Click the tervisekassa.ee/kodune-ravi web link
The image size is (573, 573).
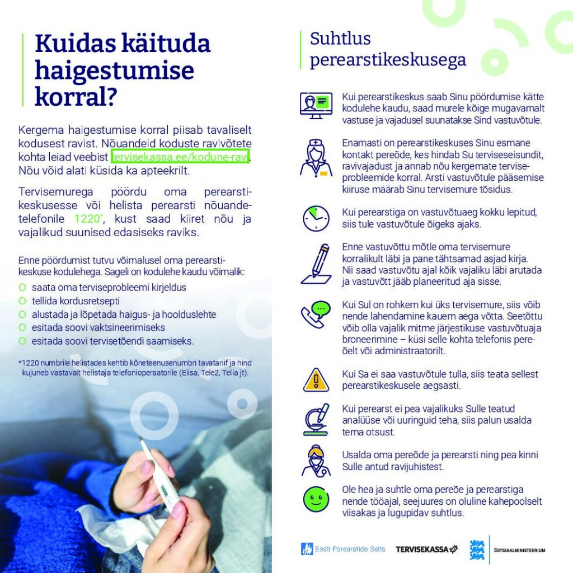click(x=180, y=156)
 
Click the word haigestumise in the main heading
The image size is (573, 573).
click(x=114, y=71)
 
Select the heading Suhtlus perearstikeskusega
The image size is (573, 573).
click(x=388, y=49)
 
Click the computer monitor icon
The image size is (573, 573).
click(x=316, y=105)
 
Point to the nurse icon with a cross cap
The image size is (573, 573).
click(x=316, y=158)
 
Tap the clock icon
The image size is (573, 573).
click(x=316, y=218)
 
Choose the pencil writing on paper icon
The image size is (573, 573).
click(x=317, y=264)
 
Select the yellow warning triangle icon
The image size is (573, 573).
click(x=316, y=380)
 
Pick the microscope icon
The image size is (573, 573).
click(x=316, y=419)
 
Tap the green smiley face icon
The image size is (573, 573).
click(x=316, y=500)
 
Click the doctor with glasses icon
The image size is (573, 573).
click(x=316, y=461)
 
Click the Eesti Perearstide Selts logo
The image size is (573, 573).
click(x=343, y=549)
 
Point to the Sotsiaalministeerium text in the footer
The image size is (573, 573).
click(x=519, y=550)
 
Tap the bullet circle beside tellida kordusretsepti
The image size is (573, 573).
click(x=22, y=300)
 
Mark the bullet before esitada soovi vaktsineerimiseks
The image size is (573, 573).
click(x=22, y=327)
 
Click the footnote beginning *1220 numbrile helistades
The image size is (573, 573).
click(x=134, y=368)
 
